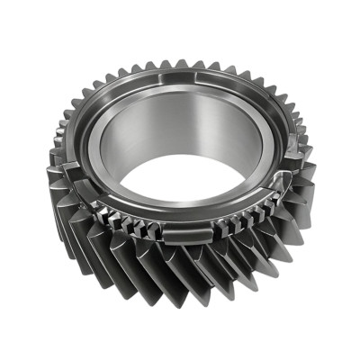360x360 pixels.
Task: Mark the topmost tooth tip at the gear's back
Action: (180, 64)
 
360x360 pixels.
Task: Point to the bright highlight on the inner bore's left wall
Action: (112, 148)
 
